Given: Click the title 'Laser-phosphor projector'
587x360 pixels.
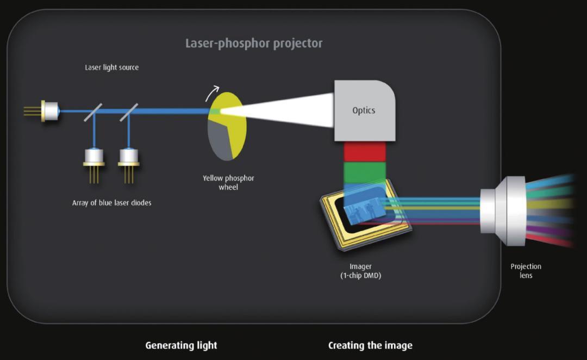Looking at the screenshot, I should pos(254,44).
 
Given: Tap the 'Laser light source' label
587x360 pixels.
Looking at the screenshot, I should pos(111,67).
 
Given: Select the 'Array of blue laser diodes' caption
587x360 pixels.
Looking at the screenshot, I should pos(111,203).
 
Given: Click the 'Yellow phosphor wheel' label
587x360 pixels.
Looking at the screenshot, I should pos(228,182).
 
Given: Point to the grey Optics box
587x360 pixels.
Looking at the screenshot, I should pos(364,110).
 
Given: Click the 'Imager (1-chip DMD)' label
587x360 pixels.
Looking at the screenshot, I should pos(361,271).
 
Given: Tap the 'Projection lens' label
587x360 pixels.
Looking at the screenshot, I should pos(526,271).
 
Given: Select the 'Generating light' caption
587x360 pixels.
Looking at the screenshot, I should pos(181,345).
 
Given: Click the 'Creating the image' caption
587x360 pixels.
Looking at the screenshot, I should pos(370,345).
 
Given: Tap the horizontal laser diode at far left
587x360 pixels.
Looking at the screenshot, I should pos(49,111).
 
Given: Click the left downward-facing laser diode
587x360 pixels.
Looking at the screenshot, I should pos(94,157).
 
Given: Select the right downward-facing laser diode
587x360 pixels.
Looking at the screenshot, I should pos(129,157).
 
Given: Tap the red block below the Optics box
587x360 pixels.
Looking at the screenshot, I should pos(365,152).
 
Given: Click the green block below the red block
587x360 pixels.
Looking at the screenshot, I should pos(365,172).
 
